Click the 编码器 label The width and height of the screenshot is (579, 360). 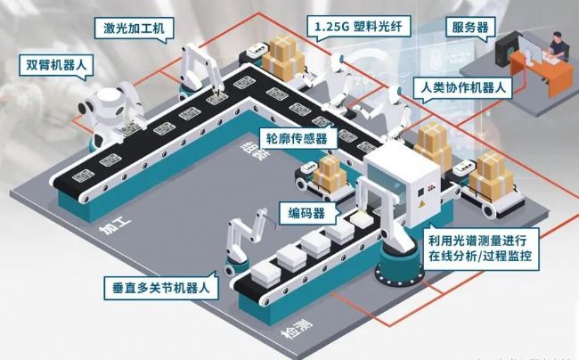pyautogui.click(x=305, y=213)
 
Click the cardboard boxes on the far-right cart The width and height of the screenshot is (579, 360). pyautogui.click(x=491, y=174)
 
